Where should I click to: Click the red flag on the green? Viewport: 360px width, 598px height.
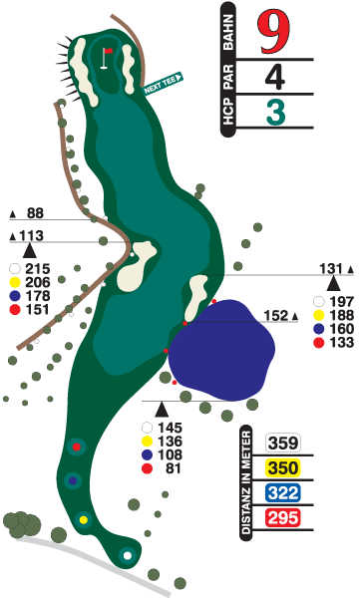(x=108, y=50)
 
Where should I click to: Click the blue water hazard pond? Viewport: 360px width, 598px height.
(x=221, y=349)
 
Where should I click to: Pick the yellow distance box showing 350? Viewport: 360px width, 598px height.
(x=283, y=469)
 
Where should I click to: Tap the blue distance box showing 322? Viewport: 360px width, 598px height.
(x=283, y=493)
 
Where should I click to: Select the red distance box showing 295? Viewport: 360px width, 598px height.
(x=283, y=517)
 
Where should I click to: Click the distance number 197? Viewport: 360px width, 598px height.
(x=340, y=302)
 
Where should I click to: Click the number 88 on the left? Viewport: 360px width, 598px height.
(x=36, y=213)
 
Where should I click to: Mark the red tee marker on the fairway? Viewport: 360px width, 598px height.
(x=76, y=448)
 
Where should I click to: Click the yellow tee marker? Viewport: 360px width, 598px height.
(x=84, y=519)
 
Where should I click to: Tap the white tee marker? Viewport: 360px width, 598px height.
(x=127, y=555)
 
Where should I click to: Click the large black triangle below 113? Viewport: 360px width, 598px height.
(x=30, y=251)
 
